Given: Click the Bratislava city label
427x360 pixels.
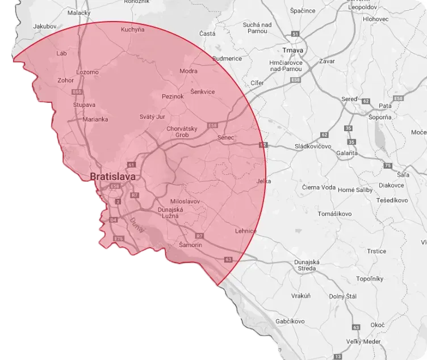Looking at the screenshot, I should click(x=113, y=177).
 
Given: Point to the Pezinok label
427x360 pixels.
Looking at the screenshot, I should click(x=173, y=97).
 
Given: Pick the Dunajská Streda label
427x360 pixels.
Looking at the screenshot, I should click(x=308, y=265).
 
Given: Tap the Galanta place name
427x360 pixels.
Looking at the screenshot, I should click(x=347, y=153).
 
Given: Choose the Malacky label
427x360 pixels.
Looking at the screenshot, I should click(x=79, y=12).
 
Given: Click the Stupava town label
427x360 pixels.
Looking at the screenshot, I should click(x=84, y=105).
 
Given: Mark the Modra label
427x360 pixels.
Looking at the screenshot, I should click(x=188, y=71).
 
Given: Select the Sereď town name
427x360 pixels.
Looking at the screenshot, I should click(x=349, y=99).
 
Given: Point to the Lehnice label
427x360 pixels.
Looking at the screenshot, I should click(x=245, y=231).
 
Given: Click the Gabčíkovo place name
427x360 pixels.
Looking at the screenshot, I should click(x=291, y=321).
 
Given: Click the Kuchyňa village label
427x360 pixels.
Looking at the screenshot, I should click(x=133, y=30).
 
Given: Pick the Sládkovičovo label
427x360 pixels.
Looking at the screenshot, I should click(x=313, y=146).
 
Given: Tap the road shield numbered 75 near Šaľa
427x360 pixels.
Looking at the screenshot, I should click(x=388, y=165).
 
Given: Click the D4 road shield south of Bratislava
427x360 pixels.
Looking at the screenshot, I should click(x=113, y=219).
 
